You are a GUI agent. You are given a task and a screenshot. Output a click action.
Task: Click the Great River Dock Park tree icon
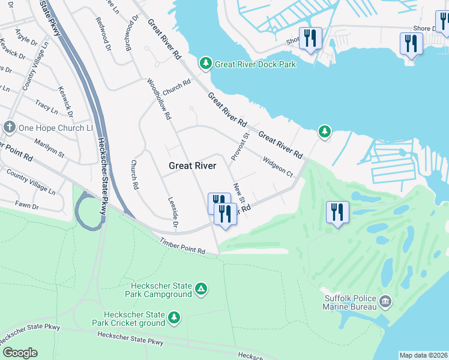pyautogui.click(x=205, y=64)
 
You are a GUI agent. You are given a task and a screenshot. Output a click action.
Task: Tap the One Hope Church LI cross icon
pyautogui.click(x=9, y=127)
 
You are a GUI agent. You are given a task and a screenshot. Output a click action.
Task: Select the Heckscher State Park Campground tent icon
pyautogui.click(x=202, y=290)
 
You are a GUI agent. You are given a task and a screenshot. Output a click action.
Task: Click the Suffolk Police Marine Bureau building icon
pyautogui.click(x=385, y=300)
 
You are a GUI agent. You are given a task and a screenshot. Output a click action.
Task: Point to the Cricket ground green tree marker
pyautogui.click(x=174, y=317)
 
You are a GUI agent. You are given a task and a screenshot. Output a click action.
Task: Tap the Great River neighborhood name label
pyautogui.click(x=192, y=166)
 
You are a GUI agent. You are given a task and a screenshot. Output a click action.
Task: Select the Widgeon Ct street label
pyautogui.click(x=277, y=166)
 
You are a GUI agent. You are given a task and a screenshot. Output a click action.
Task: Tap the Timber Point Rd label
pyautogui.click(x=182, y=246)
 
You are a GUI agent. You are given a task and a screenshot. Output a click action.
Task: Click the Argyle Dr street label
pyautogui.click(x=26, y=40)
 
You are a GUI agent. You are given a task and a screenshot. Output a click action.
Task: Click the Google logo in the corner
pyautogui.click(x=20, y=353)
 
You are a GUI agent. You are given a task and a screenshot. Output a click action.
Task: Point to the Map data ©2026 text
pyautogui.click(x=423, y=355)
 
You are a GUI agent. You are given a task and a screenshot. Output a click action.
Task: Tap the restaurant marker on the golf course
pyautogui.click(x=337, y=213)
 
